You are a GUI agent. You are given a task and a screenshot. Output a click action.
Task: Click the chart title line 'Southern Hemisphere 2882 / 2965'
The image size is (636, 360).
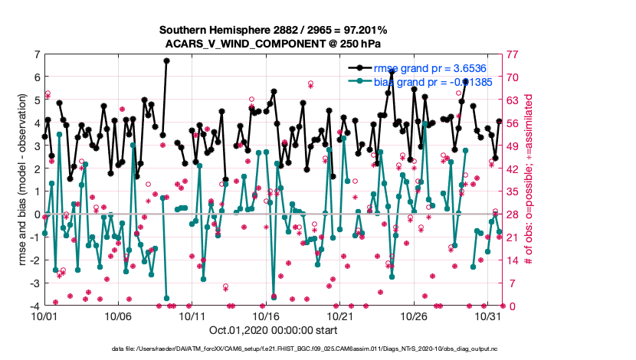coord(274,30)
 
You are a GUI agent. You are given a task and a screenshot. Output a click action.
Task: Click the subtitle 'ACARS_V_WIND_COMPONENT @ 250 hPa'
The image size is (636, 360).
coord(274,44)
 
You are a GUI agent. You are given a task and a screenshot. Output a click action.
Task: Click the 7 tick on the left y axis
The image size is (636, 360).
coord(36,55)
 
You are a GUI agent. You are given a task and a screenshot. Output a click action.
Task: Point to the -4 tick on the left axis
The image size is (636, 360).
coord(34,306)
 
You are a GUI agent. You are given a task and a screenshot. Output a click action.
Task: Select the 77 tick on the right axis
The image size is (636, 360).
coord(511,55)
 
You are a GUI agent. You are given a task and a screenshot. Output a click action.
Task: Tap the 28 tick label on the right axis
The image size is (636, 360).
coord(511,215)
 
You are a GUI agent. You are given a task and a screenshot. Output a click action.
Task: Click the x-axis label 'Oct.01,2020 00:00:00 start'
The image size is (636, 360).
coord(274,332)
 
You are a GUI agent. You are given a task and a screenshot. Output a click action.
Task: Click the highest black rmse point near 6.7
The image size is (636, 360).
coord(166,61)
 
